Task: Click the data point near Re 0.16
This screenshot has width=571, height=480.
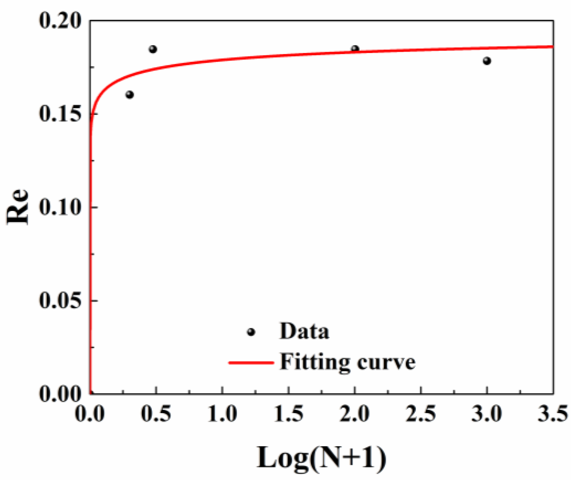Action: click(x=129, y=95)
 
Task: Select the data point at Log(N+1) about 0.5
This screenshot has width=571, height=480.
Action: click(x=153, y=49)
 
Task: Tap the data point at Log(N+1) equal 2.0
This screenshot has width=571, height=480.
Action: click(x=355, y=49)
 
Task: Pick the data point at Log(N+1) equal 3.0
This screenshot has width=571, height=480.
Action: click(x=487, y=61)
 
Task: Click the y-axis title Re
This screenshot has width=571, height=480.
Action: click(x=18, y=207)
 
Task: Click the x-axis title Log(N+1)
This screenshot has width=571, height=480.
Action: click(x=321, y=458)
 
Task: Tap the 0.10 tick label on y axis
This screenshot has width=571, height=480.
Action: click(x=60, y=207)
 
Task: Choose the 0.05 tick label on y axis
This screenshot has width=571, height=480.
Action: click(x=60, y=301)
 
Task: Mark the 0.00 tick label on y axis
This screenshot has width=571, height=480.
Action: click(x=60, y=394)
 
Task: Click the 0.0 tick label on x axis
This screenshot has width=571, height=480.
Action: click(x=90, y=414)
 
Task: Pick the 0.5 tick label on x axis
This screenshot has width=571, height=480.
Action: click(x=156, y=414)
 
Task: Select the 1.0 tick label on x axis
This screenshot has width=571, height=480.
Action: click(x=222, y=414)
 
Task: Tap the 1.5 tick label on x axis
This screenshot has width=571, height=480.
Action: click(x=289, y=414)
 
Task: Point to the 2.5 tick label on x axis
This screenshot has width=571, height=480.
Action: click(x=421, y=414)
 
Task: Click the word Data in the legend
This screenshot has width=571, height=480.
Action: click(x=304, y=332)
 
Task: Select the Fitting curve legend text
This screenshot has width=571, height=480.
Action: click(x=347, y=362)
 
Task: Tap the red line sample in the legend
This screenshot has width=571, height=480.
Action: click(x=251, y=363)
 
